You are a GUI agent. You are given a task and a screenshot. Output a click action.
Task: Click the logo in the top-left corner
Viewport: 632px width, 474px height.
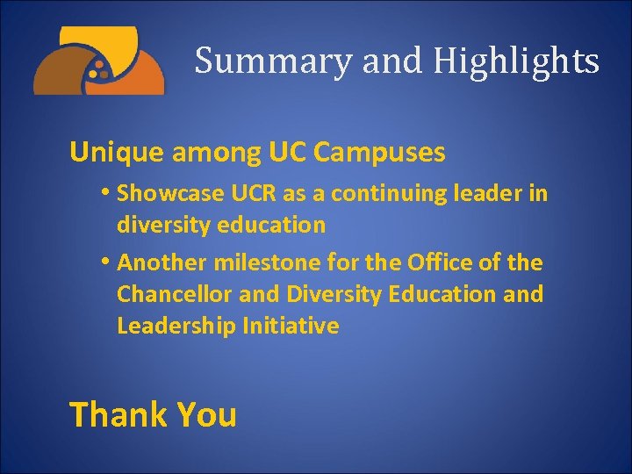coord(98,61)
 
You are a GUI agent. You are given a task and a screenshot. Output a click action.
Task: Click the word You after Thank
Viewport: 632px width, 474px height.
coord(207,413)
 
